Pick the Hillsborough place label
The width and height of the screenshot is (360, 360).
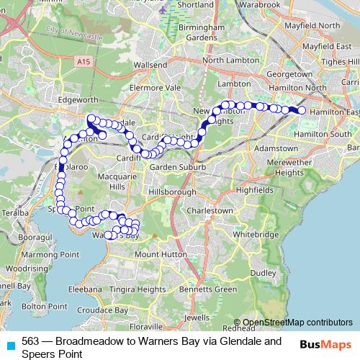tap(172, 193)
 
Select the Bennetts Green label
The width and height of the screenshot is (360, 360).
tap(208, 289)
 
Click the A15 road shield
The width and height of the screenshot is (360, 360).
tap(85, 63)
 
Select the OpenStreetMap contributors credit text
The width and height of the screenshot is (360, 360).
tap(297, 323)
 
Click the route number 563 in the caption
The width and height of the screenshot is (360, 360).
tap(30, 341)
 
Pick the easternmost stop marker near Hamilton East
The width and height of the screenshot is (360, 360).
tap(302, 111)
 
